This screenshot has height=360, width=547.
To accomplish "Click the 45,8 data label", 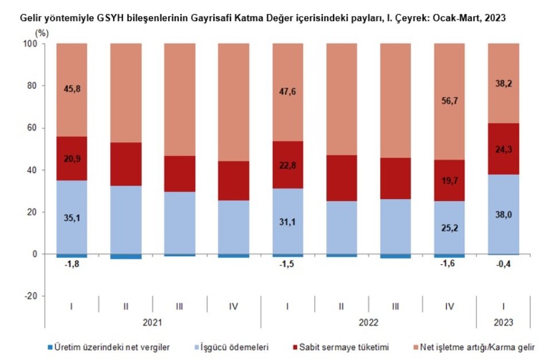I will click(71, 90).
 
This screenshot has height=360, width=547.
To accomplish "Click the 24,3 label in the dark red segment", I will click(503, 148).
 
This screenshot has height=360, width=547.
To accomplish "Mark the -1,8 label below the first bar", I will click(71, 264).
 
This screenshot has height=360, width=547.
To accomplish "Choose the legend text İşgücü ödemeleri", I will click(237, 347).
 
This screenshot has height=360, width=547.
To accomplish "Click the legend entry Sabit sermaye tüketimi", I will click(345, 347).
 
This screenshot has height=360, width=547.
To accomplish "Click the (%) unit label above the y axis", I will click(42, 32).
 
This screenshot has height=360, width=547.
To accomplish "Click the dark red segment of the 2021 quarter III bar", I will click(179, 174).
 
